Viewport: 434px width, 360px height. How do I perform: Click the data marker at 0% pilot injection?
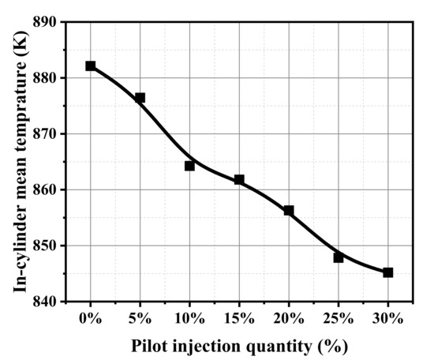coord(91,66)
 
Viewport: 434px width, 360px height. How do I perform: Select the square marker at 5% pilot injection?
coord(140,98)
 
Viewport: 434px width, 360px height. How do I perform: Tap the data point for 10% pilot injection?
coord(189,166)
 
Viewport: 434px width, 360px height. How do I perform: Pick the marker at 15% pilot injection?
coord(239,180)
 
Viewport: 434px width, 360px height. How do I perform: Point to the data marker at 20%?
coord(289,211)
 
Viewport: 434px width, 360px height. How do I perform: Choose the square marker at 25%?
coord(339,257)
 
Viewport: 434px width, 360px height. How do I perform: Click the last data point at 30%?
coord(387,272)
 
